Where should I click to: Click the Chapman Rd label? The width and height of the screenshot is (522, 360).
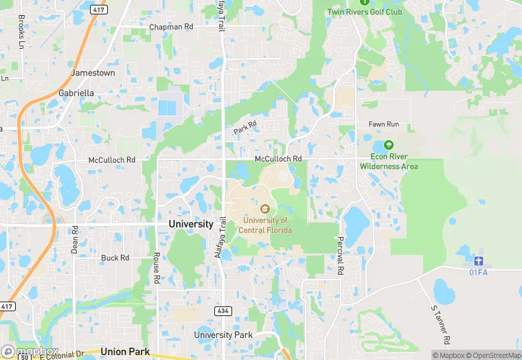coord(171,27)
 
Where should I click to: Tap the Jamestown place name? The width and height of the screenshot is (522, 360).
coord(93,73)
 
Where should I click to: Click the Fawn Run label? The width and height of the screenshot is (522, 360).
coord(383,124)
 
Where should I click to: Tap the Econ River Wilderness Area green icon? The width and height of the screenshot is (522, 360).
coord(387,145)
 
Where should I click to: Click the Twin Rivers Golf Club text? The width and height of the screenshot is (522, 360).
coord(365,12)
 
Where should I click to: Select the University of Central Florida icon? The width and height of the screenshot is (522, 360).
coord(265,209)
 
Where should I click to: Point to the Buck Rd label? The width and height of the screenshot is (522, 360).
coord(115,258)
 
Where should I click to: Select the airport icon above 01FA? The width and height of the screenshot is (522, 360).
coord(479,262)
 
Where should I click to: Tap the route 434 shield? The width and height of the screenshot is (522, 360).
coord(223,311)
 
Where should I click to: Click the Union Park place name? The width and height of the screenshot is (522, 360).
coord(124,351)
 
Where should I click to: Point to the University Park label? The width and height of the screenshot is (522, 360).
coord(223,335)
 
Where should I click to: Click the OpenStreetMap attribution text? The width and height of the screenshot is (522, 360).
coord(490,355)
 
